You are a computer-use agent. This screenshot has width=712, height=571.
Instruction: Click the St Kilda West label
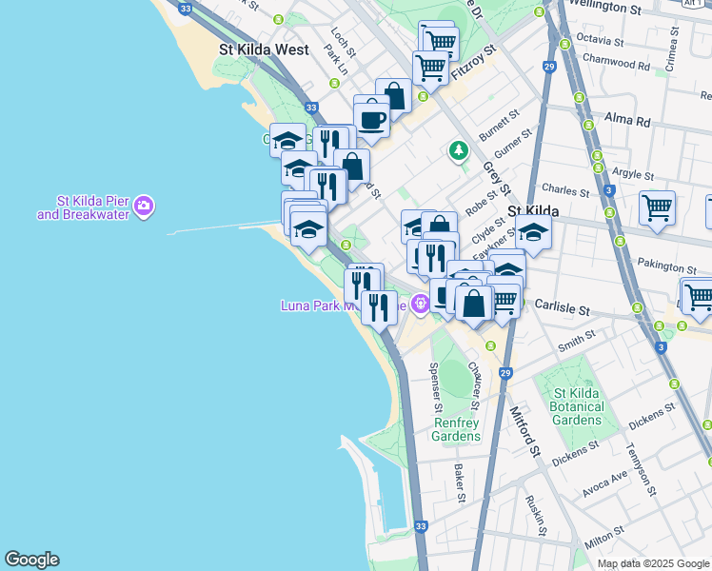(x=264, y=49)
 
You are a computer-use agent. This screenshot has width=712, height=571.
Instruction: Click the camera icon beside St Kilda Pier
(x=144, y=205)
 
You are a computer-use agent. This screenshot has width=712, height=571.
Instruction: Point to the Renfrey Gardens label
(x=457, y=429)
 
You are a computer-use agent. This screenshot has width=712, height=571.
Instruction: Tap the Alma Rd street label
(x=627, y=122)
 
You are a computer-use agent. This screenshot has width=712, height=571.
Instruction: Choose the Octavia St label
(x=599, y=42)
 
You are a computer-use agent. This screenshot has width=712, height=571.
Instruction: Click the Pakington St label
(x=658, y=267)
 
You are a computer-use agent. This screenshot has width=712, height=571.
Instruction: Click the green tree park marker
(x=460, y=150)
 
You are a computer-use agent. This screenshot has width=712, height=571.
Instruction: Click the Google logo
(x=31, y=560)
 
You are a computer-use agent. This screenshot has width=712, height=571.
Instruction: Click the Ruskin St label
(x=539, y=513)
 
